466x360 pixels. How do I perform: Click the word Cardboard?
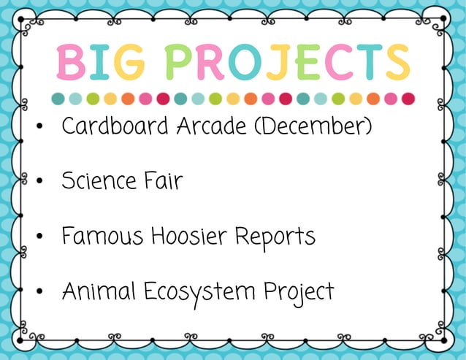coord(115,126)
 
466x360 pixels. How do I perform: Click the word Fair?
coord(162,180)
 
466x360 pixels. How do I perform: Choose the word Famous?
coord(102,236)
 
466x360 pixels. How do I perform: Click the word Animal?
coord(99,291)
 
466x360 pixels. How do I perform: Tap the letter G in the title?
coord(129,62)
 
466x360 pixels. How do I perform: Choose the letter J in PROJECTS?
coord(278,62)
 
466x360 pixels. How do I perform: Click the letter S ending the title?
coord(397,62)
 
